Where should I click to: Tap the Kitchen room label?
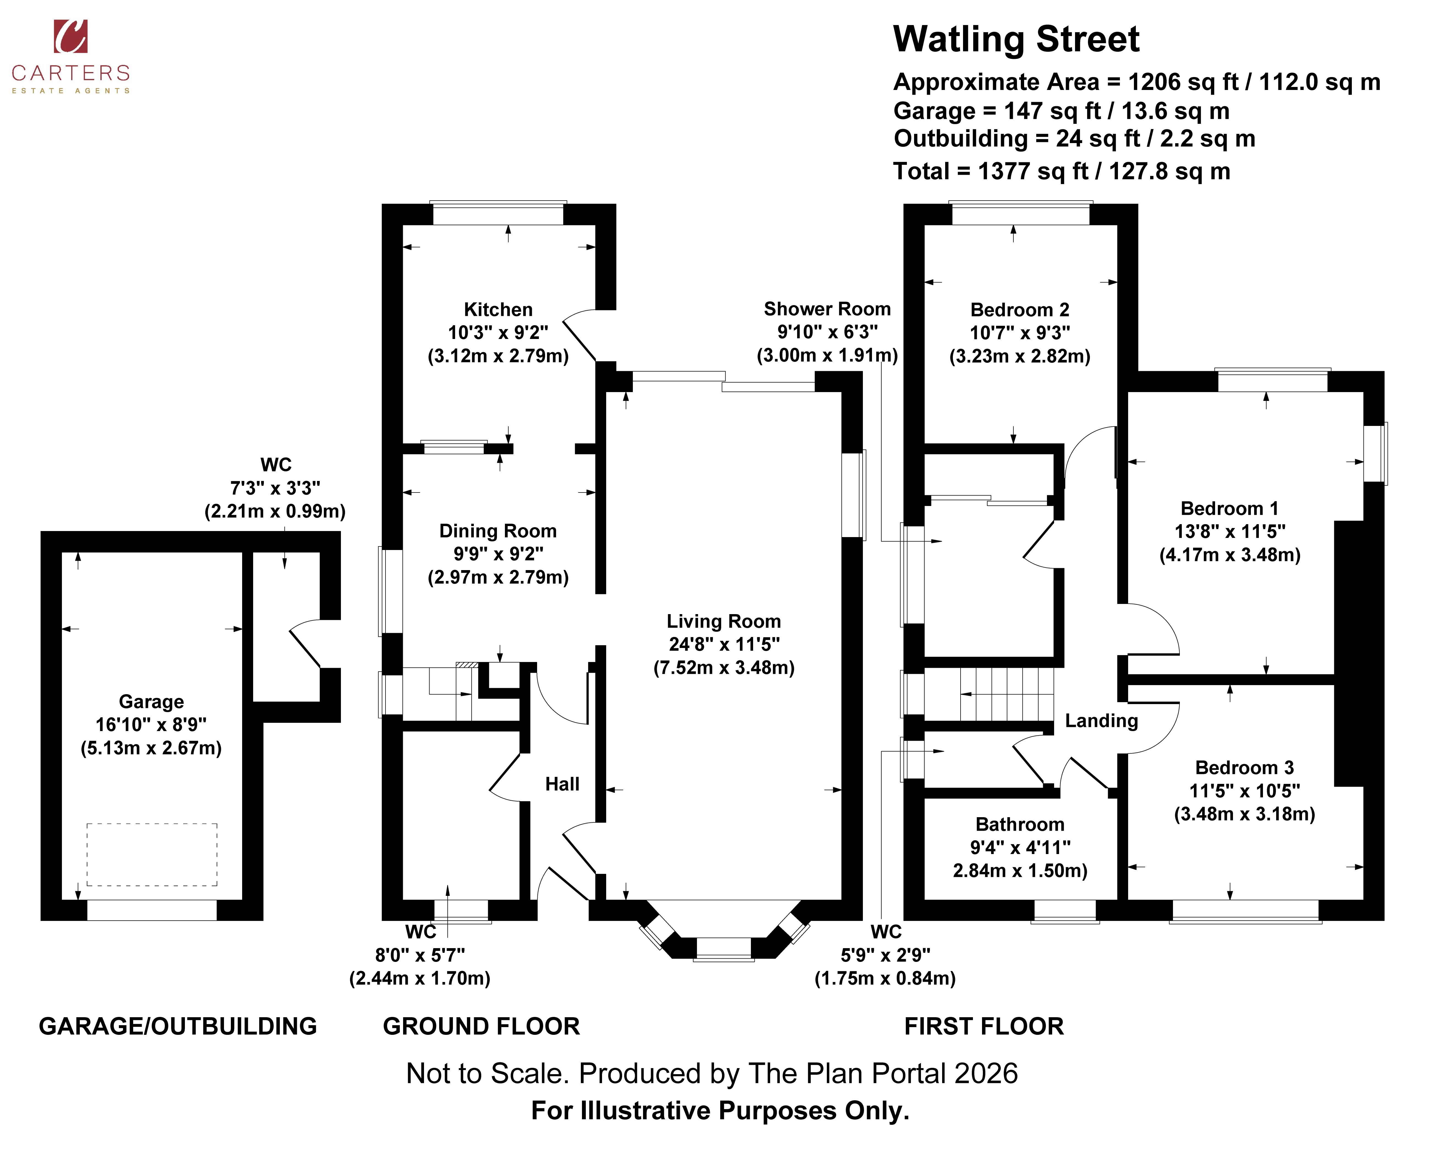tap(498, 310)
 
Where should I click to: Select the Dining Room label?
tap(498, 531)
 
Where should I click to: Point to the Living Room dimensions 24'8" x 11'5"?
tap(724, 644)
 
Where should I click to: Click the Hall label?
tap(562, 784)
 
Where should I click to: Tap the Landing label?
tap(1101, 721)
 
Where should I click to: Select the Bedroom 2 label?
tap(1020, 310)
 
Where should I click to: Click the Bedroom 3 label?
tap(1244, 768)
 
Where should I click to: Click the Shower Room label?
tap(827, 309)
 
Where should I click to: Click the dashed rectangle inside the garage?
tap(152, 855)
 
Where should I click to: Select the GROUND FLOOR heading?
tap(481, 1027)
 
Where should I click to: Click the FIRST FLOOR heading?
tap(984, 1027)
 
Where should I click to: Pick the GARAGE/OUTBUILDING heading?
tap(177, 1027)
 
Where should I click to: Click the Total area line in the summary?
tap(1062, 171)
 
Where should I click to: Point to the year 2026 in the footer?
tap(986, 1074)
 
